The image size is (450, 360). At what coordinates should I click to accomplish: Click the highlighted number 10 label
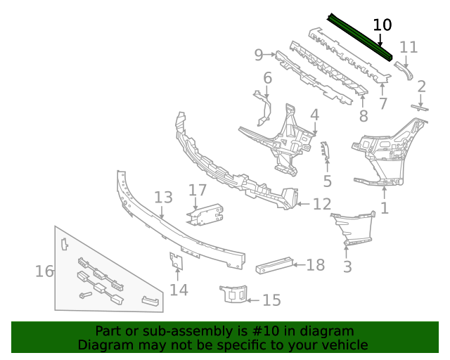382,25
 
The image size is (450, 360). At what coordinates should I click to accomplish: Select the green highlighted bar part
359,36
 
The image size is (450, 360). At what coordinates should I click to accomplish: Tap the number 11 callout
409,47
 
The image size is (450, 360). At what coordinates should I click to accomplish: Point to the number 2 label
421,86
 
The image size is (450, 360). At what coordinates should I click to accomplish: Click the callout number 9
259,54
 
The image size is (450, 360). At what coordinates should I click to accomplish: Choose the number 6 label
267,78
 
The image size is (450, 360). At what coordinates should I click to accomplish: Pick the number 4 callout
314,114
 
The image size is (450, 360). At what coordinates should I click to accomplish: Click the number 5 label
327,181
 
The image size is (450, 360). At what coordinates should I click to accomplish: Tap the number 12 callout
321,205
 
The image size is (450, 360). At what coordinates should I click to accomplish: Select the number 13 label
163,198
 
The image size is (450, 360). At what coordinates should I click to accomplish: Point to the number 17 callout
198,190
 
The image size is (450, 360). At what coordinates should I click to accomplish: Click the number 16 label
44,271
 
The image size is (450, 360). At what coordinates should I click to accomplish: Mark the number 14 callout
179,289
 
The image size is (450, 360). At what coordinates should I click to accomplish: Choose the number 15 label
271,300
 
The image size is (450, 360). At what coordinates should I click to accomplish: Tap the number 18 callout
316,264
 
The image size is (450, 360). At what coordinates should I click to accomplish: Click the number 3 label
347,266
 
